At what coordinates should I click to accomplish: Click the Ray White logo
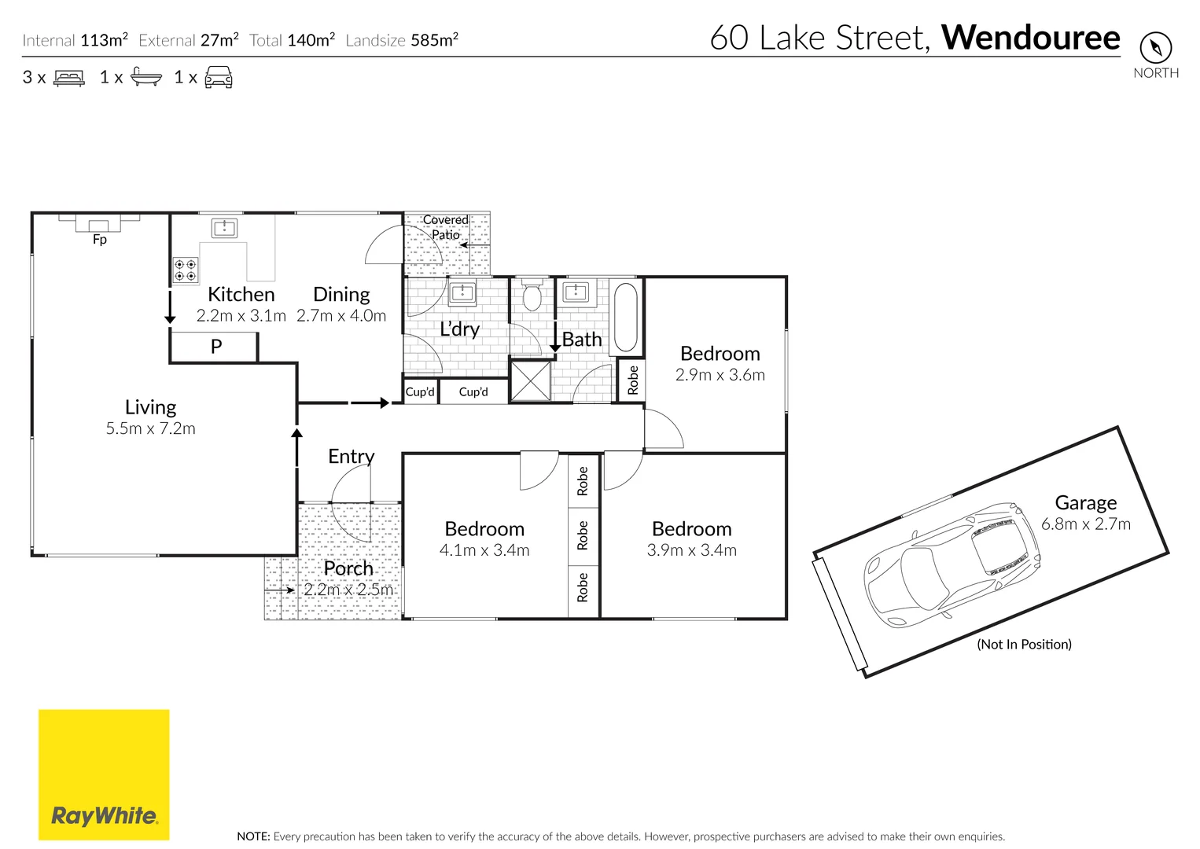coord(104,775)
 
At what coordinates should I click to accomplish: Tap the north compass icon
coord(1155,48)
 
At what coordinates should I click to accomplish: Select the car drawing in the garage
coord(951,564)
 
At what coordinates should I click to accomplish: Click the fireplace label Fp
coord(100,240)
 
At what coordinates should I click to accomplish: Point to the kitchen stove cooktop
coord(186,271)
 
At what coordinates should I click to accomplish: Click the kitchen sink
coord(224,228)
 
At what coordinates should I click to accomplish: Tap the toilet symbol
coord(532,296)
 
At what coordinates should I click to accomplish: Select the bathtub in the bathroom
coord(625,317)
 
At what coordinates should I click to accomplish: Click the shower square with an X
coord(531,380)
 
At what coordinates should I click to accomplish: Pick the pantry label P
coord(216,347)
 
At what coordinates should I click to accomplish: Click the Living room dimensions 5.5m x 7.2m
coord(151,429)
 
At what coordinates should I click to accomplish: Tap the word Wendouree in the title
coord(1030,38)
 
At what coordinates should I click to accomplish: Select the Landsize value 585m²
coord(435,40)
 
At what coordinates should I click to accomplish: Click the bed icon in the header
coord(69,78)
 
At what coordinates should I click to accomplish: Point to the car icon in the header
coord(219,78)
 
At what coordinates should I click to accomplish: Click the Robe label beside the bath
coord(633,380)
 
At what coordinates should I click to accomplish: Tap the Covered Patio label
coord(446,227)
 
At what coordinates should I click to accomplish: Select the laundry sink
coord(462,294)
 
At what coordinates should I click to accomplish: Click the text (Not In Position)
coord(1024,645)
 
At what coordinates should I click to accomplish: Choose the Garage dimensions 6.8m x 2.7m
coord(1086,524)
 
